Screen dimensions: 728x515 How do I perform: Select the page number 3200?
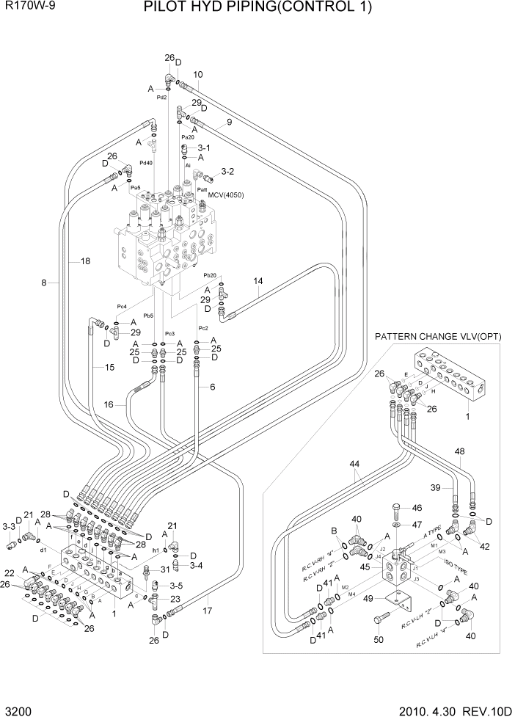pos(18,713)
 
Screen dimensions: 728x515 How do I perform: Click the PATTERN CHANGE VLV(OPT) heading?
pos(438,336)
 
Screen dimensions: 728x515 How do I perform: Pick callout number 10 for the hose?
pos(198,74)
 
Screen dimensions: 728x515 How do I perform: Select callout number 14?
pos(257,281)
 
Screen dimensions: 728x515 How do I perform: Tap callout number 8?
pos(44,283)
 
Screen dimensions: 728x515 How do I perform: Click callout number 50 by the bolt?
pos(379,640)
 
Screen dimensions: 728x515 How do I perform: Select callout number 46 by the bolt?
pos(417,507)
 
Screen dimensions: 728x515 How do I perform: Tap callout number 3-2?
pos(227,172)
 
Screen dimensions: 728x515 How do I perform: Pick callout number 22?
pos(10,572)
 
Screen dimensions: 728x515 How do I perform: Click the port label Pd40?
pos(146,163)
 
